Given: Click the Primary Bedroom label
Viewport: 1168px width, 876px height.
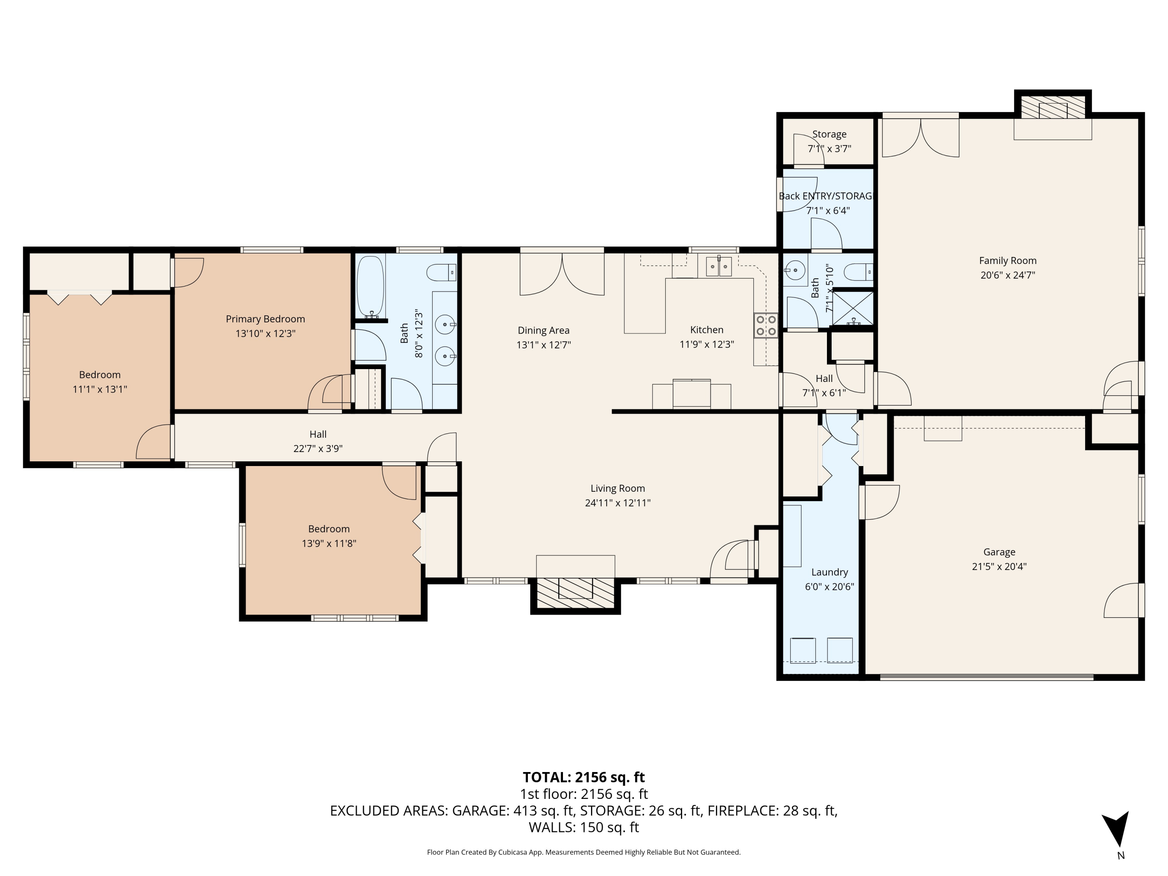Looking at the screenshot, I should tap(265, 319).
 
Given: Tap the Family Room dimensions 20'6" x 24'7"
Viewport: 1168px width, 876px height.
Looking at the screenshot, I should tap(1008, 275).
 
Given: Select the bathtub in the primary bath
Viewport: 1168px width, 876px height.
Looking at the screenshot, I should tap(371, 287).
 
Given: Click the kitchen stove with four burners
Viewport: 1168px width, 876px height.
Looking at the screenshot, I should tap(766, 325).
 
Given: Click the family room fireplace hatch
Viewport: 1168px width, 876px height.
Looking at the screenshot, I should tap(1052, 108).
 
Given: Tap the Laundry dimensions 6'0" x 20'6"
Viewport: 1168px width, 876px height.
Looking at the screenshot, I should tap(829, 587).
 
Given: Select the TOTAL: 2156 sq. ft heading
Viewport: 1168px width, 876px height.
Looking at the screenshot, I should tap(584, 777).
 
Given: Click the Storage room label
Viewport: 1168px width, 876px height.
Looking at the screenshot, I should tap(829, 134).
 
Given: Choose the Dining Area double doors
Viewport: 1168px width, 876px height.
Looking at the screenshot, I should tap(562, 274).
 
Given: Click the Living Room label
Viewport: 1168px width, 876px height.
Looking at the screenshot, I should tap(617, 489).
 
